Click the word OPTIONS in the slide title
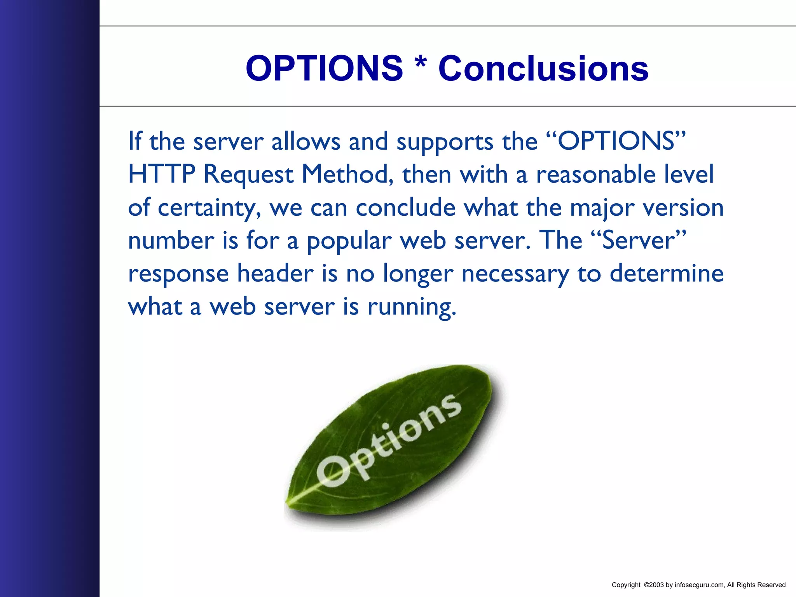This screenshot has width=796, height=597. click(x=324, y=68)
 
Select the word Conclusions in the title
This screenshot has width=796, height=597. click(x=543, y=68)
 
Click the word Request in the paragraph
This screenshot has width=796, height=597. click(x=248, y=175)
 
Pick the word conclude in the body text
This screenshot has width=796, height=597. click(x=405, y=207)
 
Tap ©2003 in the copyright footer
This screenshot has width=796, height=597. click(x=654, y=585)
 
